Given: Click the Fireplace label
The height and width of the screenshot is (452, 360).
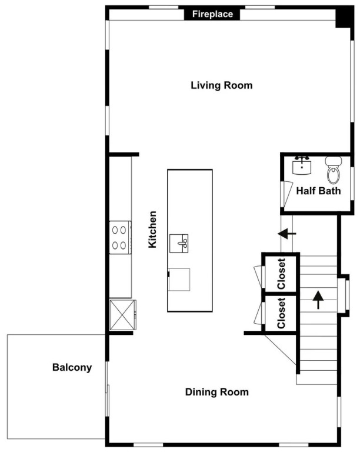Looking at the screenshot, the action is tap(212, 14).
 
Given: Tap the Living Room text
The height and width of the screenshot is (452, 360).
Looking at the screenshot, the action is tap(222, 85).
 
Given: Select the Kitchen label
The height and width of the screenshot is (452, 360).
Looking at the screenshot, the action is tap(152, 230).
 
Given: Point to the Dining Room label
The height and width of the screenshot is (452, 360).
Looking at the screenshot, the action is tap(216, 392).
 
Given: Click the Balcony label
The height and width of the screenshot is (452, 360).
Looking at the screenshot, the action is tap(72, 367).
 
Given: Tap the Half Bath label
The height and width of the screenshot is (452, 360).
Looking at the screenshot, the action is tap(318, 191).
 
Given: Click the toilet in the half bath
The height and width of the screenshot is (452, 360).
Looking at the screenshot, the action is tap(334, 170).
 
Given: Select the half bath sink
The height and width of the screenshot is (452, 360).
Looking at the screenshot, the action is tap(302, 165).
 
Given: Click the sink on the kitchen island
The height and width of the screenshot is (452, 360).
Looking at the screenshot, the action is tap(179, 244).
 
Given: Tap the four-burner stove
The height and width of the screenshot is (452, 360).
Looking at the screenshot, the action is tap(121, 238).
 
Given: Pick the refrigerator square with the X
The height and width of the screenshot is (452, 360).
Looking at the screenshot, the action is tap(123, 315).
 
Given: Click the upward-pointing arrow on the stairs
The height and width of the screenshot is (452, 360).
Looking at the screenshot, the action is tap(318, 300).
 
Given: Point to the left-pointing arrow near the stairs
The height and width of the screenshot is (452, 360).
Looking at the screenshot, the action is tap(287, 234).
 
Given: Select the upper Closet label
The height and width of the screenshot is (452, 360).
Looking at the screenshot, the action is tap(281, 274).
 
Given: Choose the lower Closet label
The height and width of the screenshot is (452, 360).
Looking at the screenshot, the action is tap(281, 313).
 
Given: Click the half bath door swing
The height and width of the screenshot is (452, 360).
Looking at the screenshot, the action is tap(286, 194).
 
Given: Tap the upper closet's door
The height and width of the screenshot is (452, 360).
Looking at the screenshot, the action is tap(259, 277).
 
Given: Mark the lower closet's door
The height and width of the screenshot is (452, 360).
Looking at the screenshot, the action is tap(259, 313).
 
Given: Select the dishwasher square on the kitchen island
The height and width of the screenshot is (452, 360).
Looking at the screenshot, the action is tap(179, 280).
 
